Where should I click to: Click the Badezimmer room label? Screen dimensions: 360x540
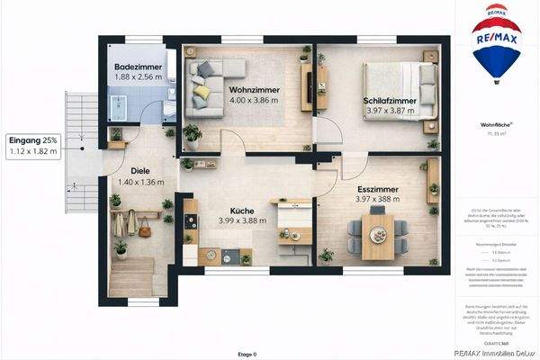pyautogui.click(x=138, y=67)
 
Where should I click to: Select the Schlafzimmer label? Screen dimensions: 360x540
pyautogui.click(x=390, y=100)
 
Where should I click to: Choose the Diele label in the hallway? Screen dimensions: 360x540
pyautogui.click(x=139, y=169)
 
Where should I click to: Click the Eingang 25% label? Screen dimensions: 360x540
pyautogui.click(x=32, y=140)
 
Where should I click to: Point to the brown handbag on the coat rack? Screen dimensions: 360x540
pyautogui.click(x=145, y=229)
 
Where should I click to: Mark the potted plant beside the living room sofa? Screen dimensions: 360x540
pyautogui.click(x=193, y=135)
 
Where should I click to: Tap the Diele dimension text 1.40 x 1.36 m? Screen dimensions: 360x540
pyautogui.click(x=139, y=182)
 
